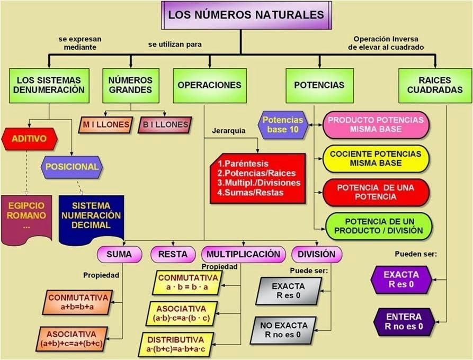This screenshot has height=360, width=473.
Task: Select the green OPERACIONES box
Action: pyautogui.click(x=209, y=85)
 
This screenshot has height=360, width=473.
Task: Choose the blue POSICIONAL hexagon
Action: pyautogui.click(x=72, y=167)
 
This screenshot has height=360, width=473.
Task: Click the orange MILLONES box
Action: pyautogui.click(x=105, y=125)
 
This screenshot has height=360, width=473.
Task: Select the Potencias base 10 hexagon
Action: pyautogui.click(x=283, y=125)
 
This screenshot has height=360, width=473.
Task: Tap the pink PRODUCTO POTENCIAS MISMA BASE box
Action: pyautogui.click(x=376, y=125)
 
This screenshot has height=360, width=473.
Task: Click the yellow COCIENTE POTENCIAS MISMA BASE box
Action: pyautogui.click(x=376, y=158)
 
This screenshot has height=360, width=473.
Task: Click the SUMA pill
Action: pyautogui.click(x=119, y=255)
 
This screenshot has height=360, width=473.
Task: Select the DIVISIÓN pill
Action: pyautogui.click(x=316, y=255)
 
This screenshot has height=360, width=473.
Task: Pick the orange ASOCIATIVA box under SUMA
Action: pyautogui.click(x=72, y=339)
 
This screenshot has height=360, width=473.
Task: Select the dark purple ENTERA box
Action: pyautogui.click(x=404, y=321)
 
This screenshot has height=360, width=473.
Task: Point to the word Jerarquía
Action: pyautogui.click(x=228, y=131)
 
